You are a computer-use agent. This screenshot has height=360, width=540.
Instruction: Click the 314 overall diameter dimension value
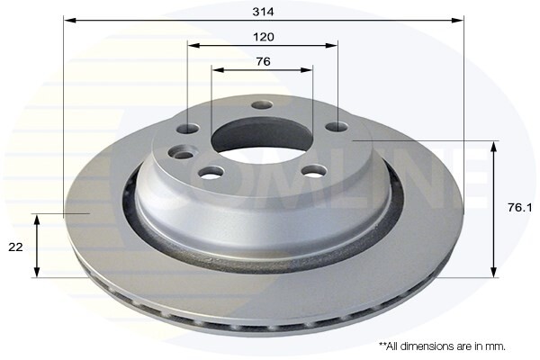coord(263,12)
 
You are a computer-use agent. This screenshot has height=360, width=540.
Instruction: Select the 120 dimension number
coord(263,37)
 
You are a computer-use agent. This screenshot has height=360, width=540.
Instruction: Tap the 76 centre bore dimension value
coord(263,62)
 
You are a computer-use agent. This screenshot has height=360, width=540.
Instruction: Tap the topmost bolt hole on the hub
coord(262,105)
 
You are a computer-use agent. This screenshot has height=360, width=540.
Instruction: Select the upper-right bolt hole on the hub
coord(336,127)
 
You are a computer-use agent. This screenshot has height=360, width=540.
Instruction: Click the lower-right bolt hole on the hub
coord(312,170)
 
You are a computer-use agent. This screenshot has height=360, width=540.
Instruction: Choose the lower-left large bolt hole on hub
coord(211,172)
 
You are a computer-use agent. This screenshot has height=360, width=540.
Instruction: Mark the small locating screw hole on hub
coord(184,155)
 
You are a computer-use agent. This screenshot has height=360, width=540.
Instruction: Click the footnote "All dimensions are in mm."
coord(442,346)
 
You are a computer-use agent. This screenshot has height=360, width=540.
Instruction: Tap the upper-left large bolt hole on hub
coord(188,129)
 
